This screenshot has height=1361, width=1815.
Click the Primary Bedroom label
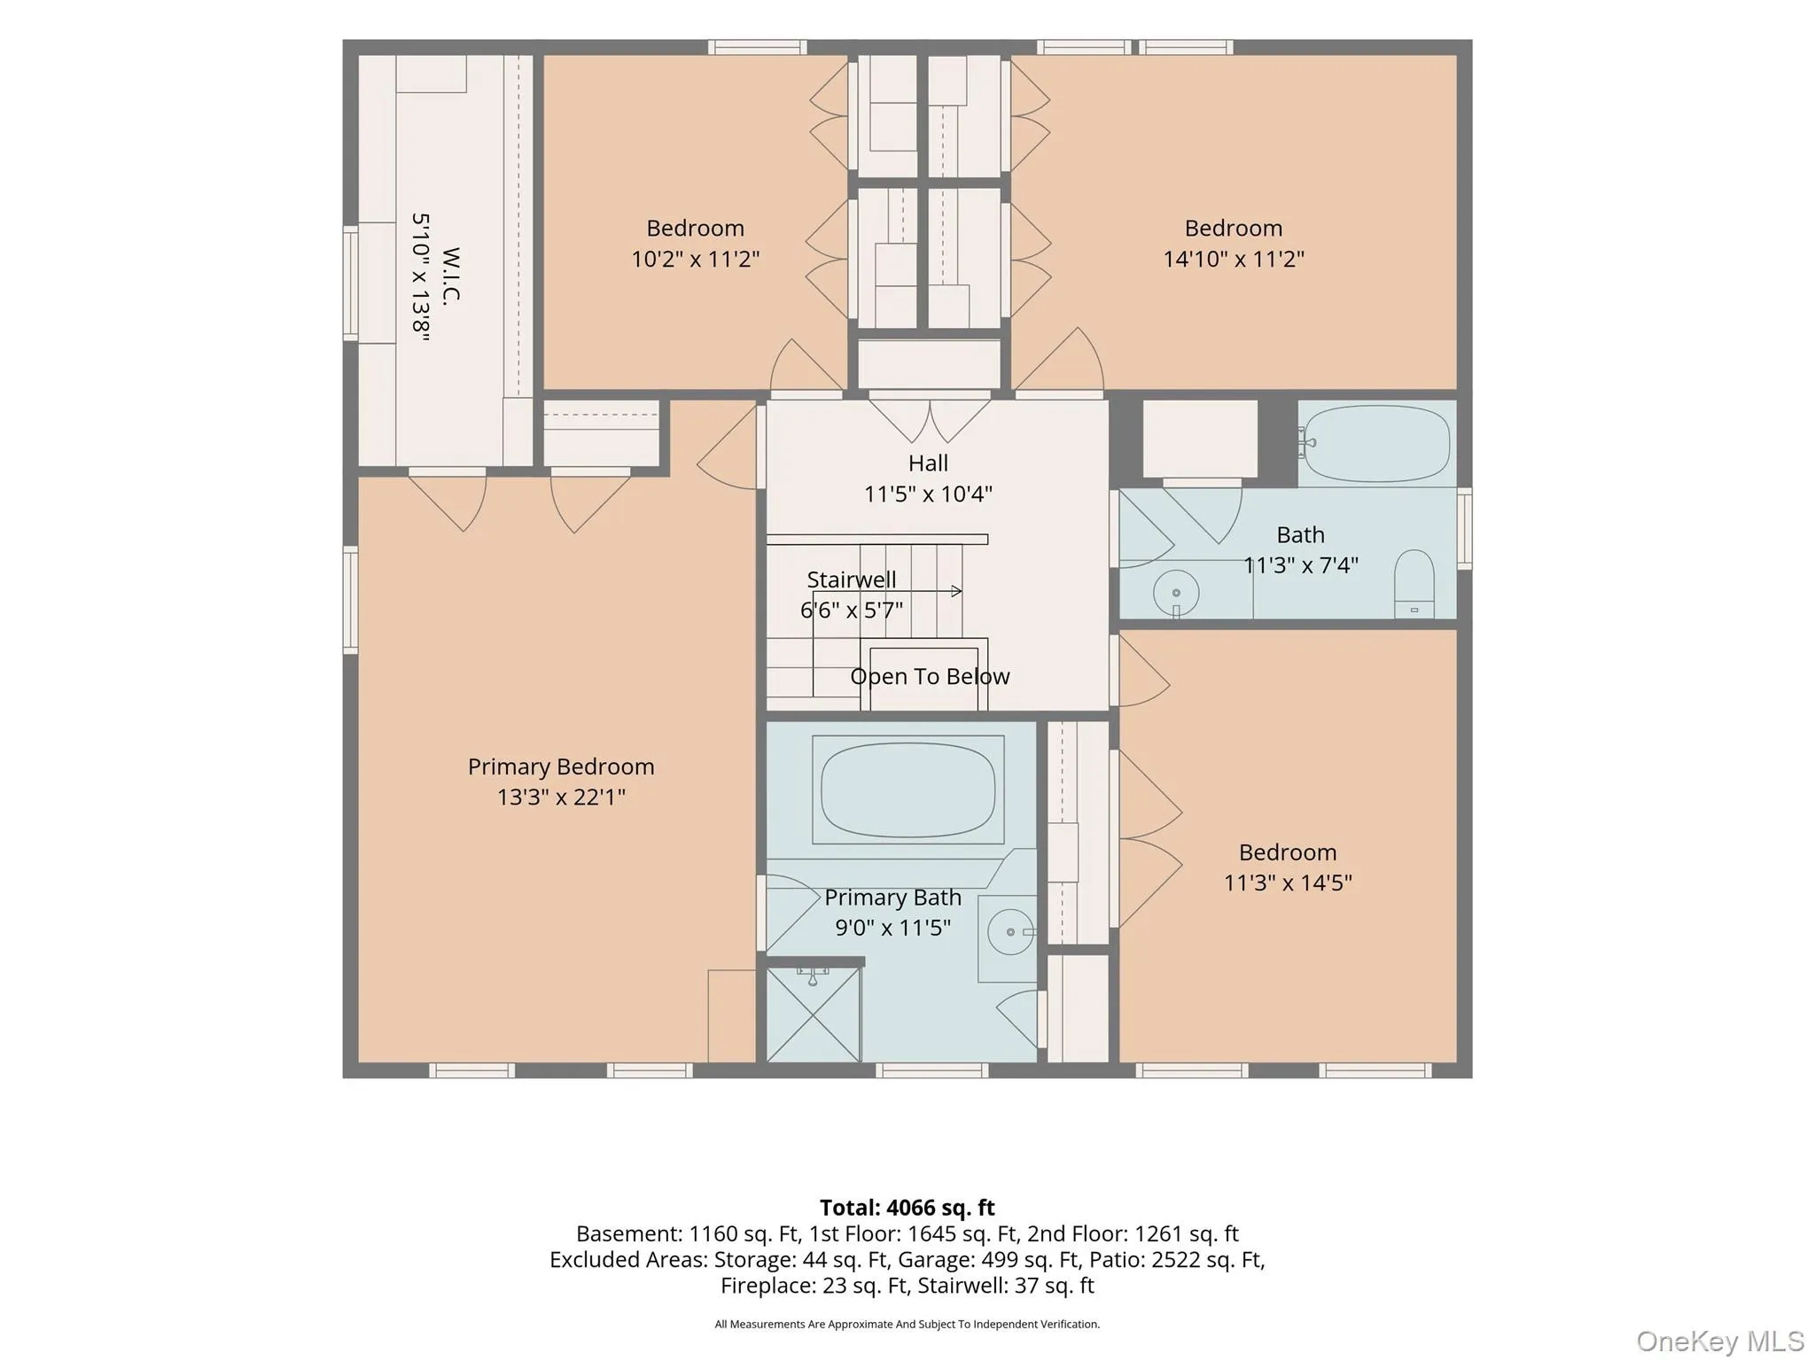561,766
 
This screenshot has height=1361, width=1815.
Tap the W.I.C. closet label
451,275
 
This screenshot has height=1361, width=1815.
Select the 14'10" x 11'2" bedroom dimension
1234,259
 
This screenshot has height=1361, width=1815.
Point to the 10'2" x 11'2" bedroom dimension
695,259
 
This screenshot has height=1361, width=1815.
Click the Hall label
928,463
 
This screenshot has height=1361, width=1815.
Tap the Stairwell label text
851,579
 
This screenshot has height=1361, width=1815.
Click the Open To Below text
930,676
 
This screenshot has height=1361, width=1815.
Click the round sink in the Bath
1176,593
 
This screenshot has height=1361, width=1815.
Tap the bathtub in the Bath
1377,443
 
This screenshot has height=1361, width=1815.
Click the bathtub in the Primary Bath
908,789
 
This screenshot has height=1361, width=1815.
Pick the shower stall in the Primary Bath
813,1014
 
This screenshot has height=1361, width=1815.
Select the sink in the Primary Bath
1010,931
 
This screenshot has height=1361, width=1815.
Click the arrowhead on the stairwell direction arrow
957,591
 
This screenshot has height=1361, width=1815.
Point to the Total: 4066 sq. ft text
907,1208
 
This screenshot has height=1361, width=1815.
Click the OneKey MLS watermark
1720,1342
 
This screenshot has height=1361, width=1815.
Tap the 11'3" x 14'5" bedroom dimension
1288,883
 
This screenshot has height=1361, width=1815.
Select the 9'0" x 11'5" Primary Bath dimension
892,927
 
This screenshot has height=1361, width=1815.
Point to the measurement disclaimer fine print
907,1324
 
